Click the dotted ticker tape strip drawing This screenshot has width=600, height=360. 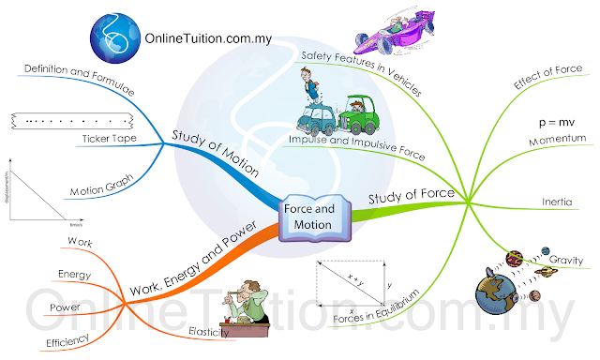coord(70,119)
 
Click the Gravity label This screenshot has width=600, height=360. coord(566,260)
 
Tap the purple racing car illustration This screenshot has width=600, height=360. coord(393,29)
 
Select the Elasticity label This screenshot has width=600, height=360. coord(209,330)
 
